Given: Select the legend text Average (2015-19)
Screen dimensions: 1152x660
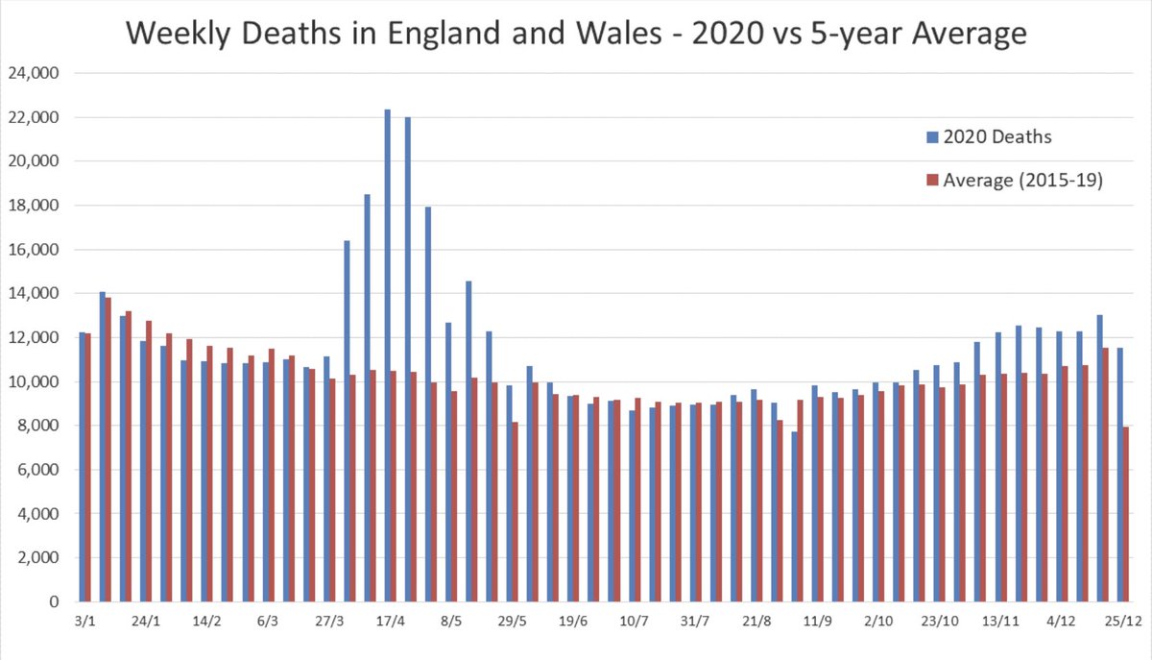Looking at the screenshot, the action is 1022,180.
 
